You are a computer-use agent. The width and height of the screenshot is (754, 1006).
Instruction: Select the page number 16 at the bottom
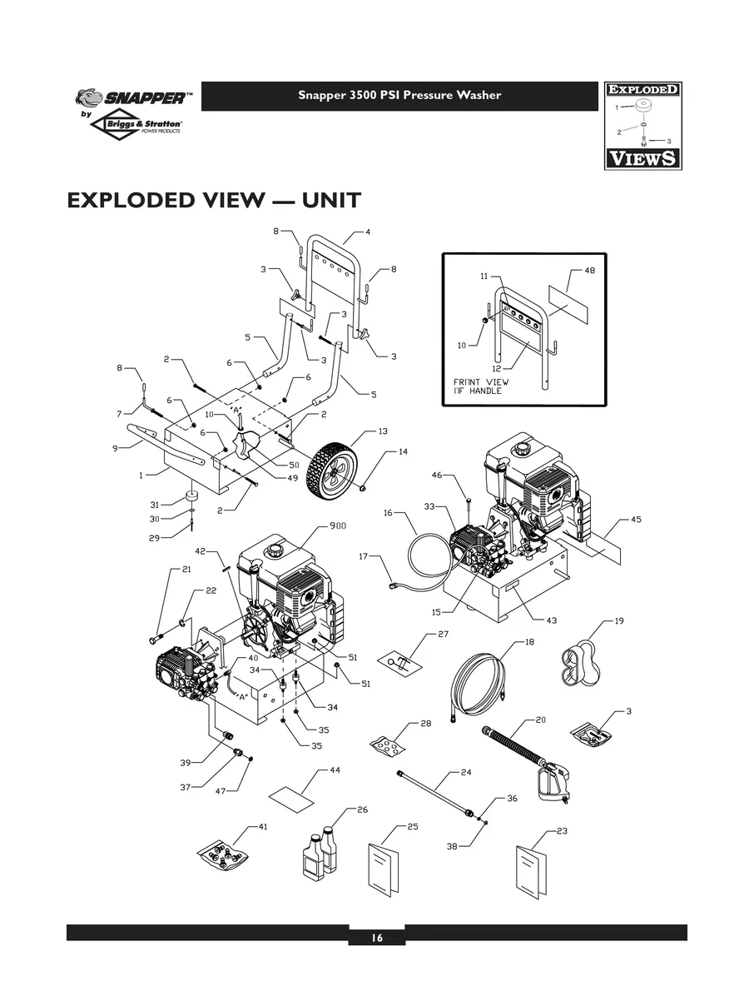coord(377,938)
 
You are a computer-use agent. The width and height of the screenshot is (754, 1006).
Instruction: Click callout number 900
coord(338,525)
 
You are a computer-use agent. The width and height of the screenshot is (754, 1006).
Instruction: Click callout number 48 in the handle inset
coord(590,271)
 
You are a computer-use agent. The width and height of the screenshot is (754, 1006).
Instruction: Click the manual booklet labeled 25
coord(383,867)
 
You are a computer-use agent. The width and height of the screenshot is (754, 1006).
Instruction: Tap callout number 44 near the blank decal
coord(335,770)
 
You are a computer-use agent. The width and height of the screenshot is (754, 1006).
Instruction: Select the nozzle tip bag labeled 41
coord(223,854)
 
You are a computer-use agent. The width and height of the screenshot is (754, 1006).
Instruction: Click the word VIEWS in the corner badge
coord(642,157)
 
